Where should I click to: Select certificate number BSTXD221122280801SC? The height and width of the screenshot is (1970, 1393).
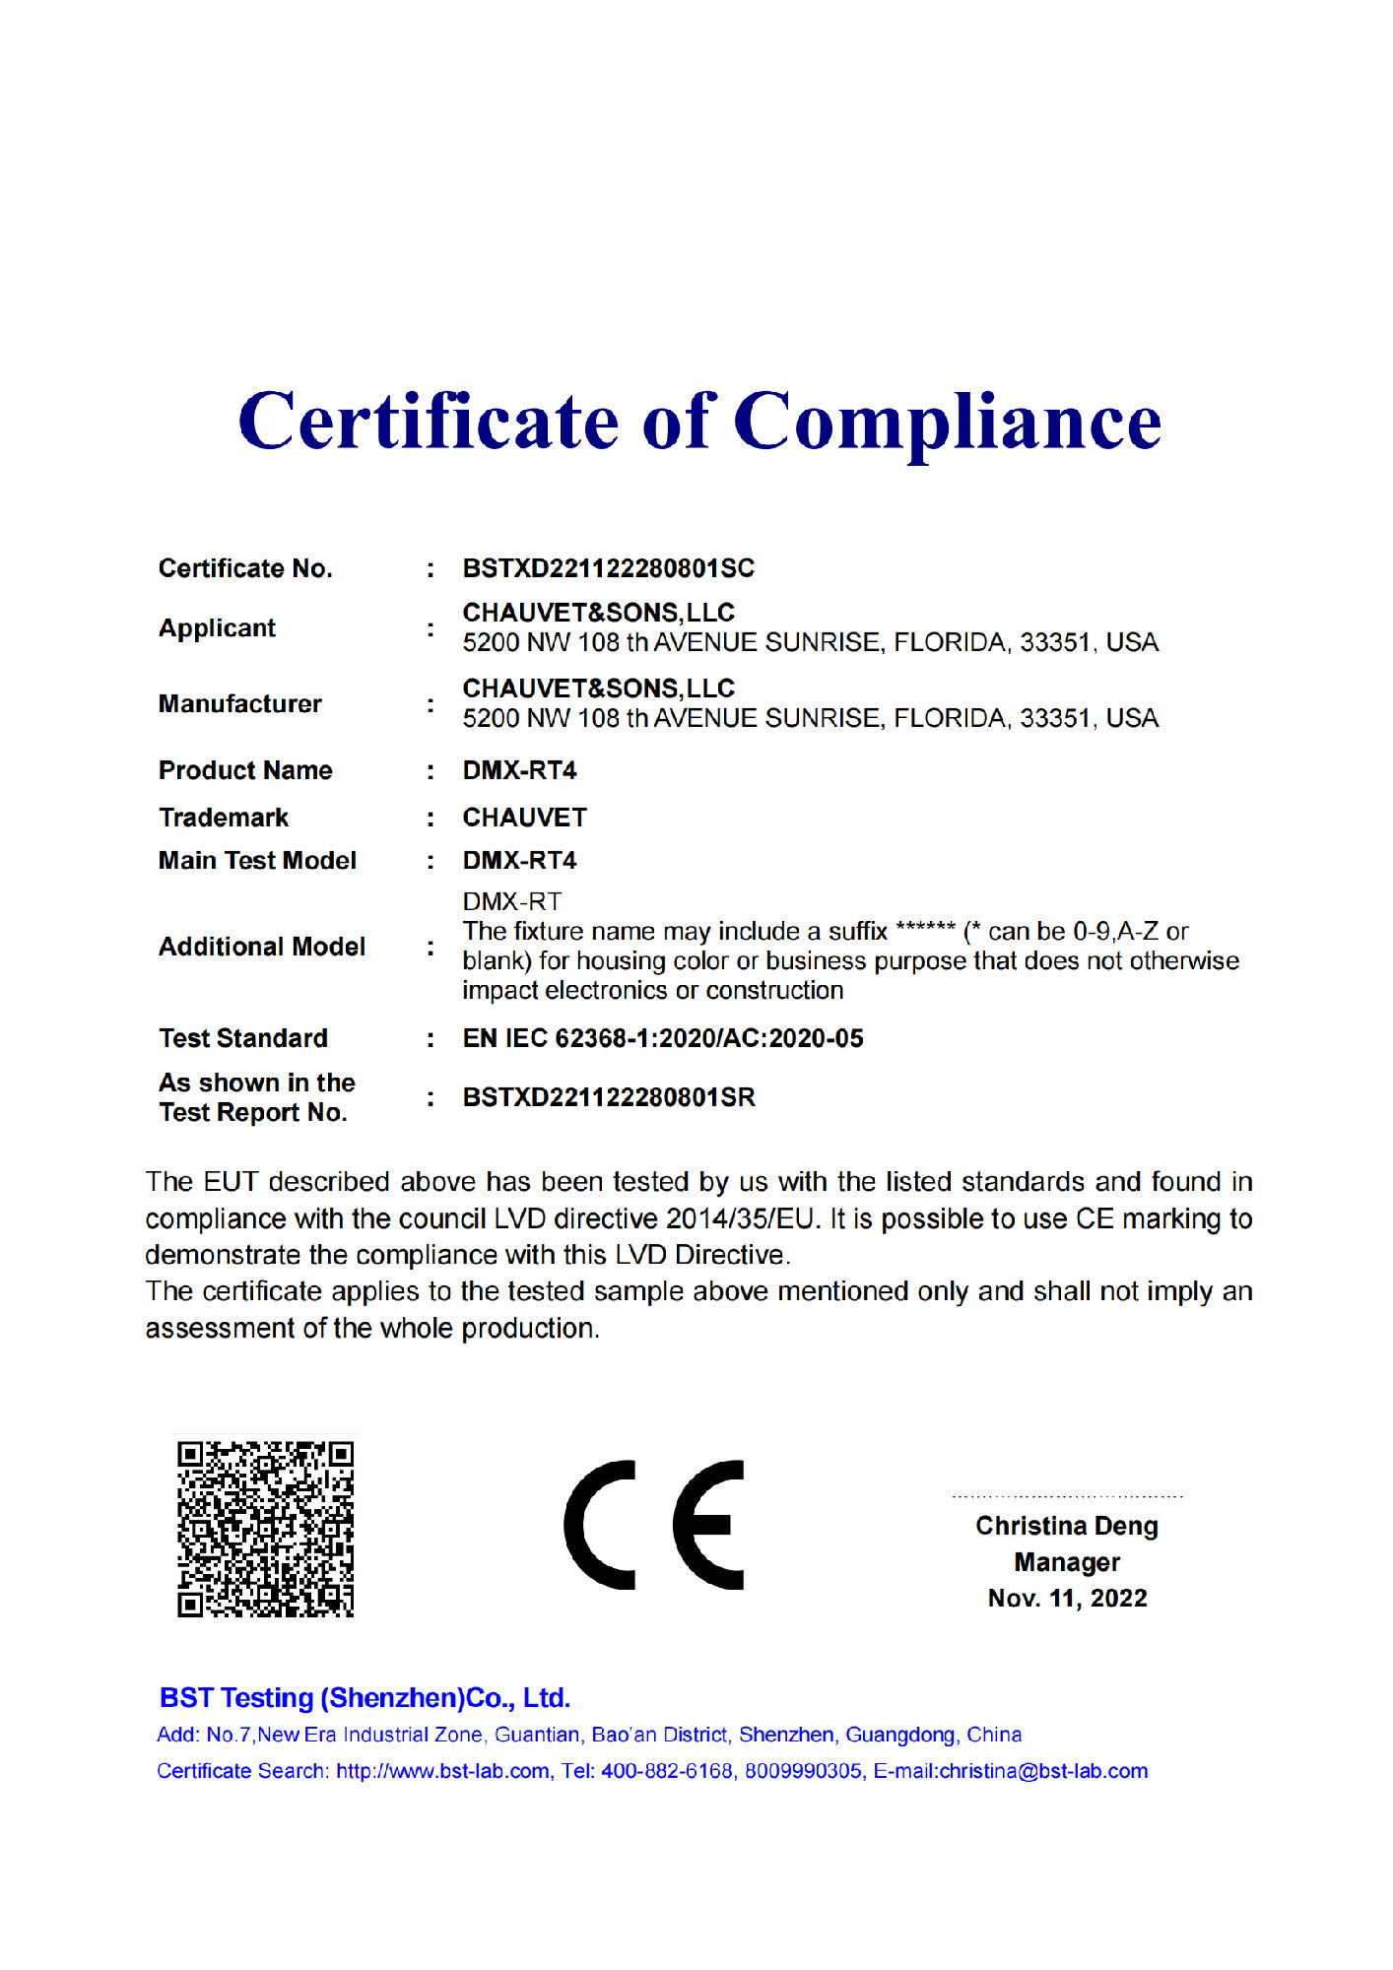pyautogui.click(x=608, y=568)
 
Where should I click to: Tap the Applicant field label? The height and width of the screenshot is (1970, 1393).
pyautogui.click(x=217, y=628)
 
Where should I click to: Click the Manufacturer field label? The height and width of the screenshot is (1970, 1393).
pyautogui.click(x=239, y=704)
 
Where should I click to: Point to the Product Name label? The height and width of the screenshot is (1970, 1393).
pyautogui.click(x=245, y=770)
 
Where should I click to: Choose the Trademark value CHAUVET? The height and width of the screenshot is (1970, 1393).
pyautogui.click(x=524, y=818)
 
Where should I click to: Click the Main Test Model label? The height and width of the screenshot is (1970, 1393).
pyautogui.click(x=257, y=861)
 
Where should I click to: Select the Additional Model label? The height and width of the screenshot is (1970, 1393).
pyautogui.click(x=262, y=947)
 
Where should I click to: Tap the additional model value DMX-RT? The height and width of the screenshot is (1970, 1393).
pyautogui.click(x=511, y=901)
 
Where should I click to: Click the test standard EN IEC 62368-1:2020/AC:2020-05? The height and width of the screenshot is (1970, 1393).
pyautogui.click(x=663, y=1038)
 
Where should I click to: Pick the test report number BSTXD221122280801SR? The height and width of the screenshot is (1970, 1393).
pyautogui.click(x=609, y=1097)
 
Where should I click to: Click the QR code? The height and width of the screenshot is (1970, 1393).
pyautogui.click(x=265, y=1528)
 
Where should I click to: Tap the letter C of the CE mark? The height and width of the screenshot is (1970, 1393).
pyautogui.click(x=600, y=1525)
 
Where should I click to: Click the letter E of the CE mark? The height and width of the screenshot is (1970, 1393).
pyautogui.click(x=707, y=1525)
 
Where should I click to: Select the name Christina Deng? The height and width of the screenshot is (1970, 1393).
pyautogui.click(x=1067, y=1526)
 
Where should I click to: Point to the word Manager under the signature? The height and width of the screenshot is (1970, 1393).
pyautogui.click(x=1067, y=1562)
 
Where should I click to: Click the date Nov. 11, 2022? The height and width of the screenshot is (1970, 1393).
pyautogui.click(x=1067, y=1598)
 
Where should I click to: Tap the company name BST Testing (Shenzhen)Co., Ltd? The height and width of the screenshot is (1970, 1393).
pyautogui.click(x=365, y=1698)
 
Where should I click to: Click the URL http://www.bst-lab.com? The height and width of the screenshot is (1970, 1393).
pyautogui.click(x=442, y=1771)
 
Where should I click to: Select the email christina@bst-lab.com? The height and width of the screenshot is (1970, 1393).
pyautogui.click(x=1043, y=1771)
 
